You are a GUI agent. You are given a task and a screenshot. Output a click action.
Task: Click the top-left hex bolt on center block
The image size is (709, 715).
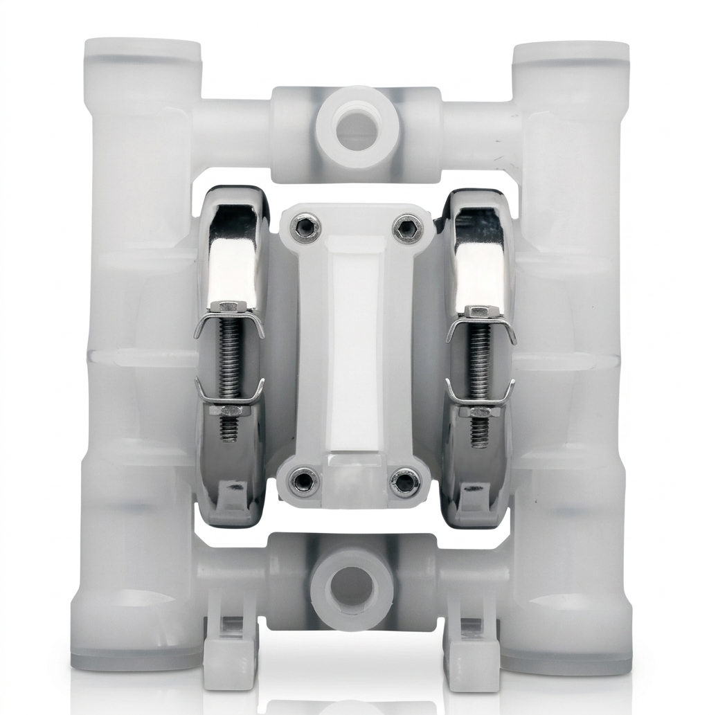pos(305,228)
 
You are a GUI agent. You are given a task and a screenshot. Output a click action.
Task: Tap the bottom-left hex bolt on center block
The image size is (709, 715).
pos(304,479)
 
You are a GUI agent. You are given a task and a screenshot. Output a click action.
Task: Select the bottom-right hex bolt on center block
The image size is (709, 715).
pos(404,480)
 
